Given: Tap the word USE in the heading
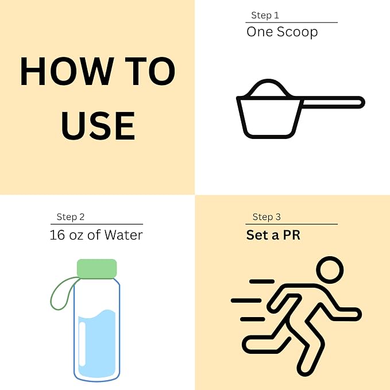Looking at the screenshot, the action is [x=98, y=126].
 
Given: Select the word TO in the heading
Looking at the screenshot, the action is [x=150, y=71].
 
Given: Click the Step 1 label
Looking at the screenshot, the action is [x=265, y=16].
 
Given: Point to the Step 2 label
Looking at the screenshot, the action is [x=71, y=217].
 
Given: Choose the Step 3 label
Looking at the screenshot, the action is [x=267, y=217].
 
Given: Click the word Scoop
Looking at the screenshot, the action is [x=297, y=32].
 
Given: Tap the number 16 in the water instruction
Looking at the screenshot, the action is [x=57, y=235].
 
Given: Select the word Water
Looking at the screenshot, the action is [x=123, y=235].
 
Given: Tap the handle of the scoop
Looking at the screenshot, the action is [x=333, y=102].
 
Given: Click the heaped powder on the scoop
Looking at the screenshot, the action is [x=268, y=88].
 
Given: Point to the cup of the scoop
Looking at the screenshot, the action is [x=270, y=117].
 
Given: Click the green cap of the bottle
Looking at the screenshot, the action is [x=96, y=269].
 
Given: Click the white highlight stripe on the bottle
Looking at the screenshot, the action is [x=82, y=344].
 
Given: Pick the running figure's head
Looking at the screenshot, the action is [x=330, y=270].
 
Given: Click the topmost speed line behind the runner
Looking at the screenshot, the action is [x=262, y=281].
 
